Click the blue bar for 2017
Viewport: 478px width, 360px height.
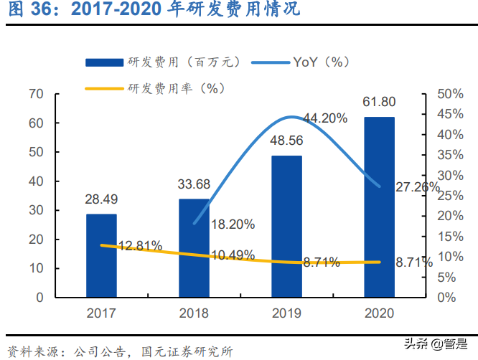coord(101,255)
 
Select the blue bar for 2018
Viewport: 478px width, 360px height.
coord(194,247)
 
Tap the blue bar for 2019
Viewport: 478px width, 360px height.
coord(286,226)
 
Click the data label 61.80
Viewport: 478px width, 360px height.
coord(379,102)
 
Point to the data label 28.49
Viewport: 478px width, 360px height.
coord(101,199)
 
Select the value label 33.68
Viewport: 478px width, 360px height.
coord(194,184)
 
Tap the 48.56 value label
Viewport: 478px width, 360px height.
coord(286,141)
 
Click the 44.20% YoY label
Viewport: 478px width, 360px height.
coord(325,118)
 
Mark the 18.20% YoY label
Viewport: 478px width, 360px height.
coord(233,224)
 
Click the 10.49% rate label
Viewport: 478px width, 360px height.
coord(233,256)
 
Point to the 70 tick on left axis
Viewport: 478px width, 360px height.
coord(37,94)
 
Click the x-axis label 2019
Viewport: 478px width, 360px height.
coord(286,313)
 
